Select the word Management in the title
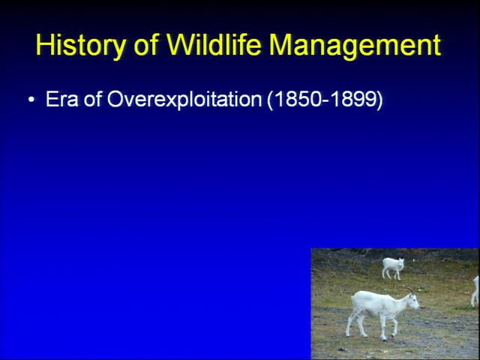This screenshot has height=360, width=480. tap(355, 46)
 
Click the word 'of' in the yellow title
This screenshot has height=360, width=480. tap(146, 44)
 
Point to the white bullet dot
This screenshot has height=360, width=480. tap(31, 99)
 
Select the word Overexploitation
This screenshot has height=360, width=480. tap(184, 99)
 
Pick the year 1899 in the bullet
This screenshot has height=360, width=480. tap(354, 99)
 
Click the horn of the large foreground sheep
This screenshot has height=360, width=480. tap(411, 290)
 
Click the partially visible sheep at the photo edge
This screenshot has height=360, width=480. tap(475, 291)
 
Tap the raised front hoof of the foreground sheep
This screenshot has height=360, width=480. tap(393, 335)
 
